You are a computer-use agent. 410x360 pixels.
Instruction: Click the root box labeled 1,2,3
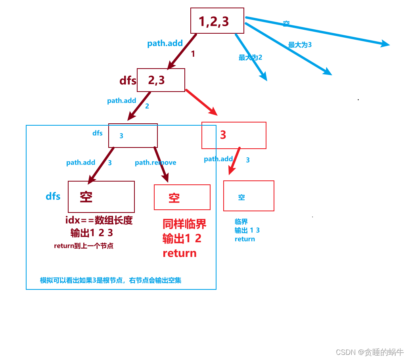[217, 21]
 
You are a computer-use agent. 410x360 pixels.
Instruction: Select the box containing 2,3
[161, 80]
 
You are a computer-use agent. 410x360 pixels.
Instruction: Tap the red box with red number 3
[234, 135]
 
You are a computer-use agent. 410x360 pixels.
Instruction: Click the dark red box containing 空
[101, 197]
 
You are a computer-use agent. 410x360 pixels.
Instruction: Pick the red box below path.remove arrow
[182, 197]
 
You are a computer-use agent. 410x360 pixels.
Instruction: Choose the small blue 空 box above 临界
[249, 196]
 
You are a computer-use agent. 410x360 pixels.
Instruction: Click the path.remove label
[155, 163]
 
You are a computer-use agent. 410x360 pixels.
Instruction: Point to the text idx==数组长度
[99, 221]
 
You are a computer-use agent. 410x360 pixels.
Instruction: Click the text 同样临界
[184, 224]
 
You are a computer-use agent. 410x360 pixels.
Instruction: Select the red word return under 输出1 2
[180, 253]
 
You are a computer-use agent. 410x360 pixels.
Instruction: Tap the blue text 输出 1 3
[247, 230]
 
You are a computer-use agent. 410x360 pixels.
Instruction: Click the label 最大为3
[300, 45]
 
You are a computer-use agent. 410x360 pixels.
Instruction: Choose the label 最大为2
[250, 57]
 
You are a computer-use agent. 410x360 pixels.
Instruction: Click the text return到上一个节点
[84, 246]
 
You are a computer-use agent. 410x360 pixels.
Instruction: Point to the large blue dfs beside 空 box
[53, 196]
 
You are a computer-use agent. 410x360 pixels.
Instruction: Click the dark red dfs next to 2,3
[128, 81]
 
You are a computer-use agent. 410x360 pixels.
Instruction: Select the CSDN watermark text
[370, 352]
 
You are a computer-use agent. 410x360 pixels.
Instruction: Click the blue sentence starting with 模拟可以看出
[111, 280]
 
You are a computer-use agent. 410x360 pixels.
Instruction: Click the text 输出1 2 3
[92, 233]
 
